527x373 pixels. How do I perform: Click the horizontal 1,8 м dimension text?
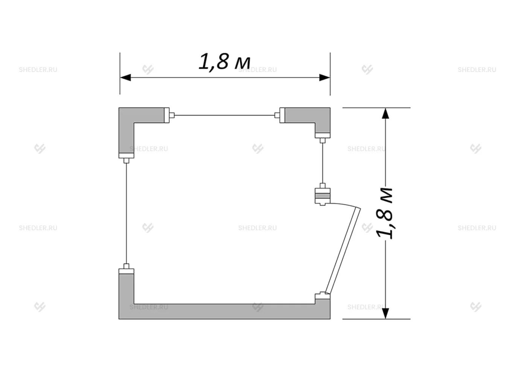[224, 62]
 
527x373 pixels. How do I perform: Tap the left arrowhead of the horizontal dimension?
[126, 78]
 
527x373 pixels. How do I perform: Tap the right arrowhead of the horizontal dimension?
[324, 78]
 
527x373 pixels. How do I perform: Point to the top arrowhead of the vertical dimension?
[385, 113]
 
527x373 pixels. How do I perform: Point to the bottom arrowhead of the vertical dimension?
[385, 313]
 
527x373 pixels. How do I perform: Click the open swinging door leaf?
[343, 251]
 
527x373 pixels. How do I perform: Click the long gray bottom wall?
[224, 312]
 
